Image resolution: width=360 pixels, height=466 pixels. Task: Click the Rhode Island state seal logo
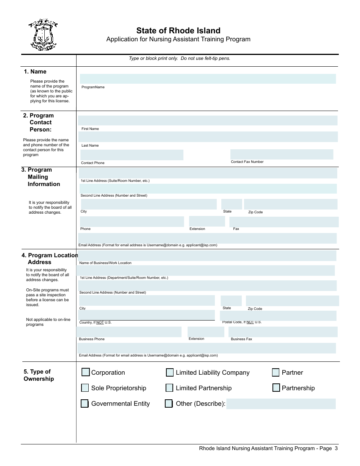coord(43,35)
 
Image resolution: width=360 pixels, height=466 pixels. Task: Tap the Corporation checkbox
coord(86,372)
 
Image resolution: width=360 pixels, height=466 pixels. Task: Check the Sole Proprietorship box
coord(85,388)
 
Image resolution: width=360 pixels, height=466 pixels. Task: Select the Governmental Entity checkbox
coord(85,403)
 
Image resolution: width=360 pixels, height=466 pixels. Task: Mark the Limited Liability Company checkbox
coord(170,373)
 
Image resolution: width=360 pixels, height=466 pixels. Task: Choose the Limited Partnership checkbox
coord(169,388)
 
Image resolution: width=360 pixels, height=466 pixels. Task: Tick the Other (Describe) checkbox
coord(169,403)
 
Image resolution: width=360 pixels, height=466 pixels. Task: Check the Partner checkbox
coord(276,373)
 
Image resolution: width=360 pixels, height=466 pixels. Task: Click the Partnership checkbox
coord(276,388)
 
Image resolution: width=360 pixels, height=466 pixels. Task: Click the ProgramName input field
coord(208,79)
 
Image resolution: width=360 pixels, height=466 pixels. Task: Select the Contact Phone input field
coord(131,155)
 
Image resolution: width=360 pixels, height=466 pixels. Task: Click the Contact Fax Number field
coord(282,154)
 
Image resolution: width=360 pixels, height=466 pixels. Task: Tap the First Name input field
coord(208,120)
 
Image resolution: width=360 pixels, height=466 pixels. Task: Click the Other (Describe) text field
coord(281,404)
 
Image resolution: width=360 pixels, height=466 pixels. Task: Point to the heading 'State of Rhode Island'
coord(178,31)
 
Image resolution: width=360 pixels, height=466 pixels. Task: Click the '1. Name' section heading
coord(35,72)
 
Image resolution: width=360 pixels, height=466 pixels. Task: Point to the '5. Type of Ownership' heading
coord(38,375)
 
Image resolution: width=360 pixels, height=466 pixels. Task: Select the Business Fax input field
coord(283,332)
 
